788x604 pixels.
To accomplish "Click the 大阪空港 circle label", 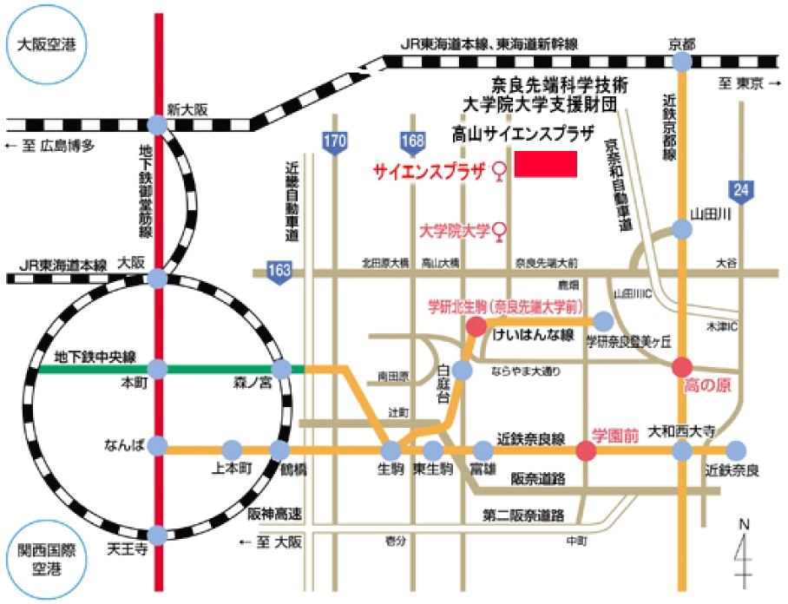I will (x=47, y=46).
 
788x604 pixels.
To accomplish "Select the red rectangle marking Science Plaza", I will (x=546, y=164).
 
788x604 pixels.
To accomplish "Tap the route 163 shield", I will (x=279, y=272).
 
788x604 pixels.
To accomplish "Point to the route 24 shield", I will (x=739, y=190).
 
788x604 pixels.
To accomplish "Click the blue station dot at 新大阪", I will (x=157, y=125).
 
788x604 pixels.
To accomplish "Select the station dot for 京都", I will (x=682, y=62).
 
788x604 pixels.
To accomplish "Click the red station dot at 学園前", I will (x=587, y=450).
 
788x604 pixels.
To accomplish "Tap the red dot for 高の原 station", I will (x=683, y=367).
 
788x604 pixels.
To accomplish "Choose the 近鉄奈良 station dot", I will (x=736, y=450).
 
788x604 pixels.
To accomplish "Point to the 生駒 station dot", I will (x=391, y=450).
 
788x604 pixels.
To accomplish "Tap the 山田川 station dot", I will (x=683, y=230).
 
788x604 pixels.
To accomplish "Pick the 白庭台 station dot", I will (x=462, y=371).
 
